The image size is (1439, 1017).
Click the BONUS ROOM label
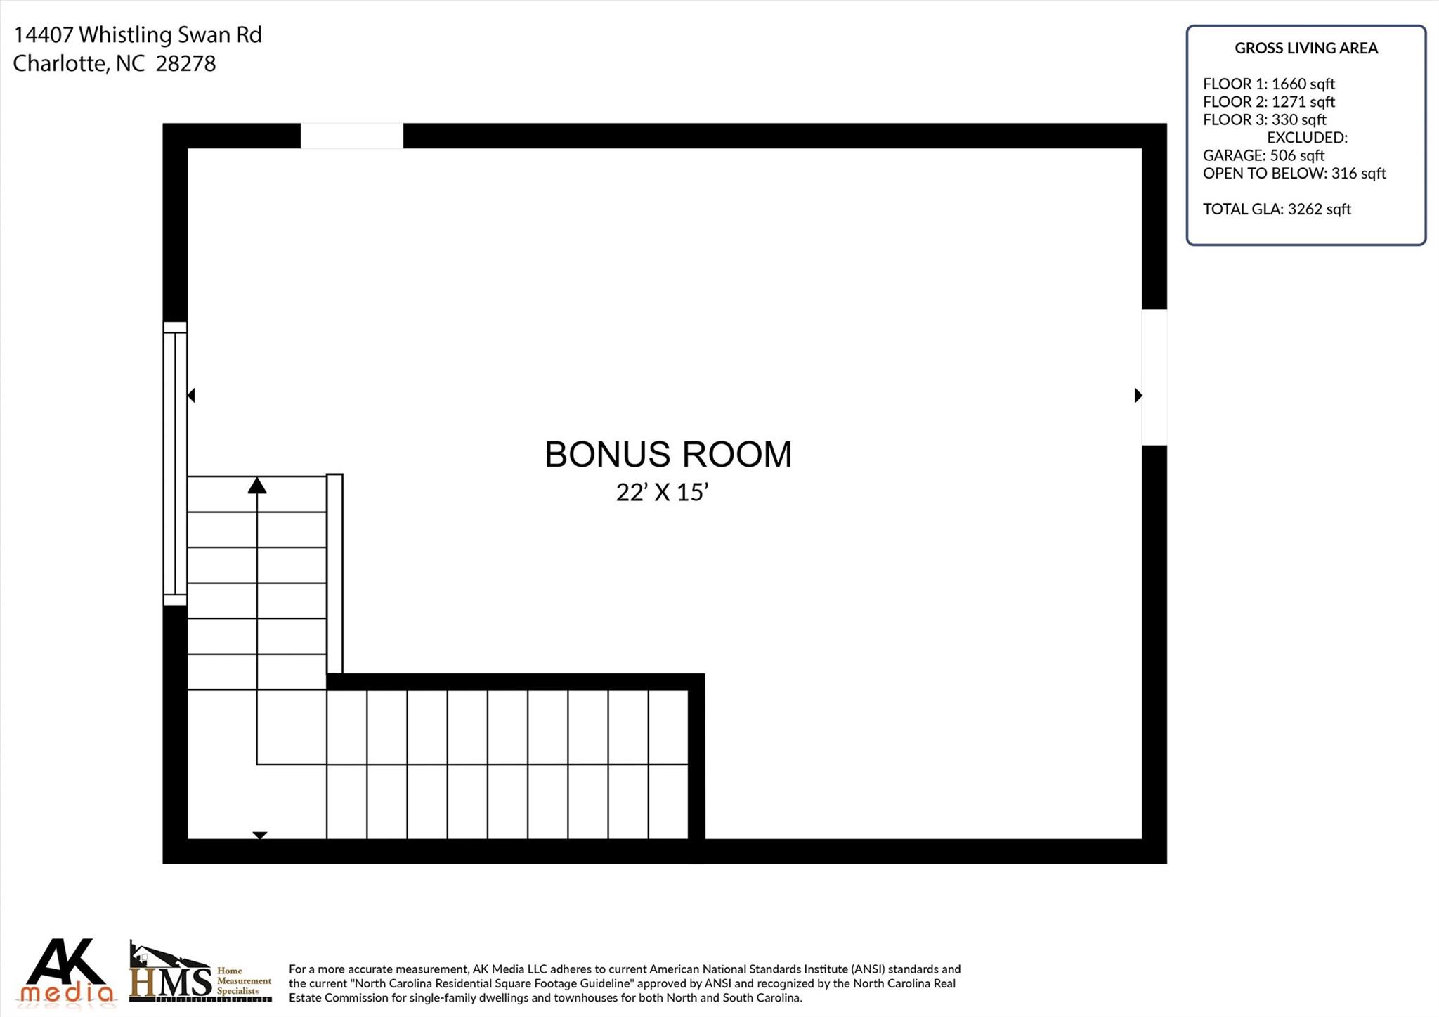tap(668, 454)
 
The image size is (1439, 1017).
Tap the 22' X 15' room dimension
tap(661, 492)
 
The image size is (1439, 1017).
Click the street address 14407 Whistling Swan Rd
tap(138, 34)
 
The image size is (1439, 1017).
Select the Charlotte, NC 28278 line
tap(115, 63)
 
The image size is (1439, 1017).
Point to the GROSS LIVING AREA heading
tap(1306, 48)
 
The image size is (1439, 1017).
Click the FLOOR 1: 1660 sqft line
tap(1269, 84)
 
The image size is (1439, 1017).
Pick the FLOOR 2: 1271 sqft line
tap(1269, 102)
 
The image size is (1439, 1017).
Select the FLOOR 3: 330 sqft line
tap(1265, 119)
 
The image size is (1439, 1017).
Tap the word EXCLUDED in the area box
tap(1307, 137)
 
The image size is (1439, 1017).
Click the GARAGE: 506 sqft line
tap(1264, 155)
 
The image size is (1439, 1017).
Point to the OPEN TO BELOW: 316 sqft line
tap(1294, 173)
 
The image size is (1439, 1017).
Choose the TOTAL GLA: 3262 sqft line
tap(1277, 209)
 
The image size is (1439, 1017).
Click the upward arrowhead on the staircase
tap(257, 485)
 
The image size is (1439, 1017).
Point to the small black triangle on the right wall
tap(1138, 396)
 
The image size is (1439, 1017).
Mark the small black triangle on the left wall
tap(191, 396)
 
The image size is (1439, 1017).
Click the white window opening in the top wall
tap(352, 136)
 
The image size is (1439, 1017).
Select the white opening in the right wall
tap(1154, 377)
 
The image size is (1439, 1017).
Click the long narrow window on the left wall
tap(175, 464)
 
